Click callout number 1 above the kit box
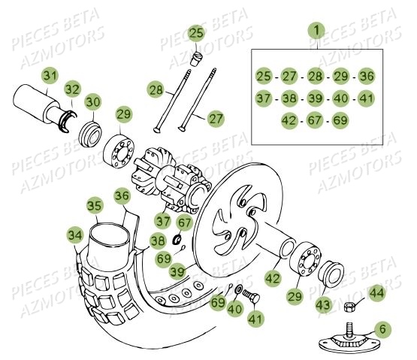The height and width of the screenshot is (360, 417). (x=317, y=30)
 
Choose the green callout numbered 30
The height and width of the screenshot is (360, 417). (x=92, y=102)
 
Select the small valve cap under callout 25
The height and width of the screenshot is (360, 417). (x=198, y=58)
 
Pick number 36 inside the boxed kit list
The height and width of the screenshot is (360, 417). (x=365, y=76)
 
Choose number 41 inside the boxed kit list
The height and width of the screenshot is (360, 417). (x=365, y=98)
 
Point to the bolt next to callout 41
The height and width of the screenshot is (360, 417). (x=250, y=298)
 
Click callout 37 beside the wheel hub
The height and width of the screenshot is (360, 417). (x=163, y=220)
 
